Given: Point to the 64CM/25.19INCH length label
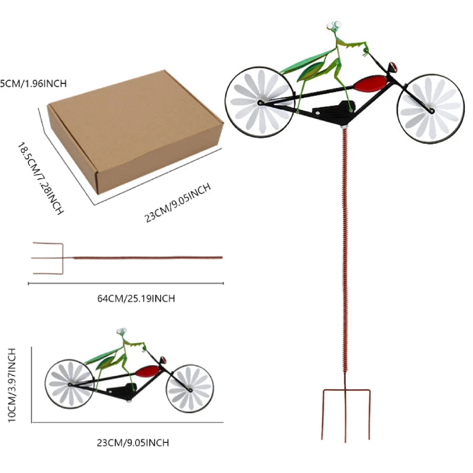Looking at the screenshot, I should (136, 299).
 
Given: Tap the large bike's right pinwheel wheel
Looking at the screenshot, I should (430, 108).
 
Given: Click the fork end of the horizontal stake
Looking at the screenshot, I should (48, 258).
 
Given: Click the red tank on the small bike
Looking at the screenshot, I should (148, 371).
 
